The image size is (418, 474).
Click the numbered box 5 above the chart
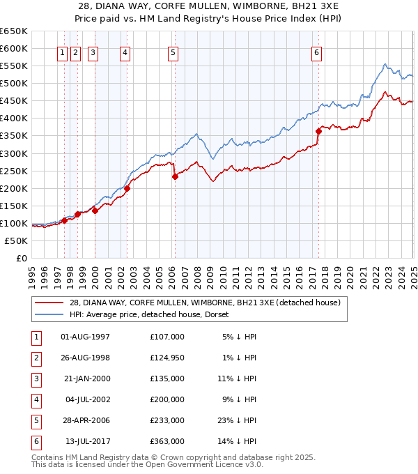tap(172, 52)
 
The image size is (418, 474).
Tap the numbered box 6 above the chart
tap(316, 52)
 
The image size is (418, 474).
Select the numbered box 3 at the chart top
tap(93, 52)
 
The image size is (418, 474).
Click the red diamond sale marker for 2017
tap(318, 130)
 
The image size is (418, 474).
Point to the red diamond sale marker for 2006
tap(175, 176)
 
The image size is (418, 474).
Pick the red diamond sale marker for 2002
tap(127, 188)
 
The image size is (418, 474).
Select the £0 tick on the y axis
tap(21, 259)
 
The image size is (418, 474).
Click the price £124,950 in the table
tap(167, 358)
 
